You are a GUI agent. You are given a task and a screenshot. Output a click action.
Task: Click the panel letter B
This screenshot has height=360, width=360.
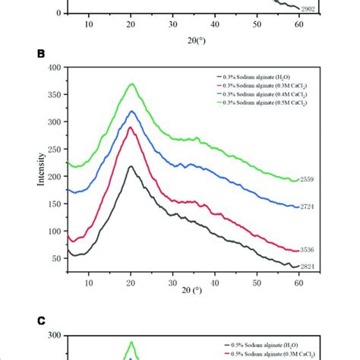click(30, 54)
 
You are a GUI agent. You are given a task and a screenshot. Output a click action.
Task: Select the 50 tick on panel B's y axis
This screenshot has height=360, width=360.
click(55, 259)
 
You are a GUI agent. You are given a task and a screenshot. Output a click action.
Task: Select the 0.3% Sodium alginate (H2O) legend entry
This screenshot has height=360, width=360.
click(262, 77)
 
